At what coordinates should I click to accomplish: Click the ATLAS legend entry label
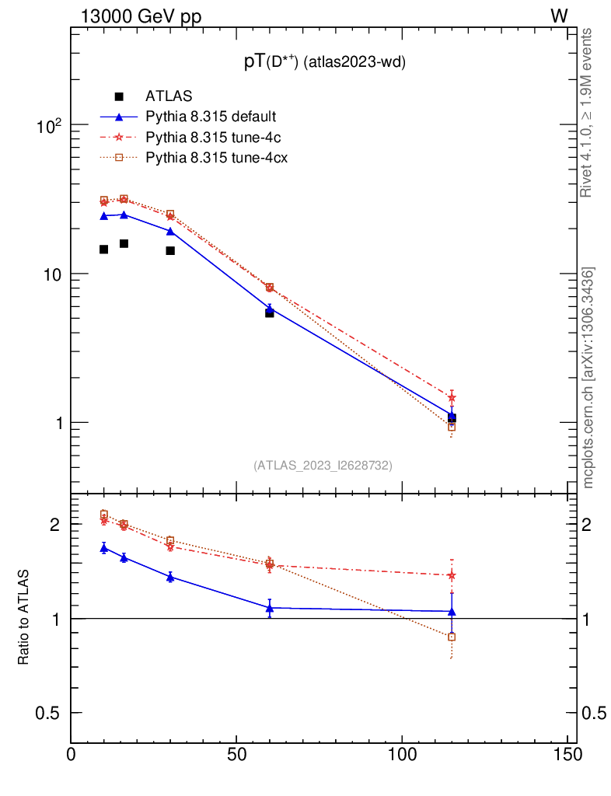[169, 96]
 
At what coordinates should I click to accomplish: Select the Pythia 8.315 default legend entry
[211, 117]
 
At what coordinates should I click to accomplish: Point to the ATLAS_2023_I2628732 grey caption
[323, 465]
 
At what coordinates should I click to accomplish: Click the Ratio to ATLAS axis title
[24, 617]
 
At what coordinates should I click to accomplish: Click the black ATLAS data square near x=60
[270, 312]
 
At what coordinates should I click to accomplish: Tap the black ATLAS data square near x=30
[170, 250]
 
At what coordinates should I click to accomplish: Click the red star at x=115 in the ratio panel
[452, 575]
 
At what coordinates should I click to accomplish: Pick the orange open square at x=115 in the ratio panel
[452, 637]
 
